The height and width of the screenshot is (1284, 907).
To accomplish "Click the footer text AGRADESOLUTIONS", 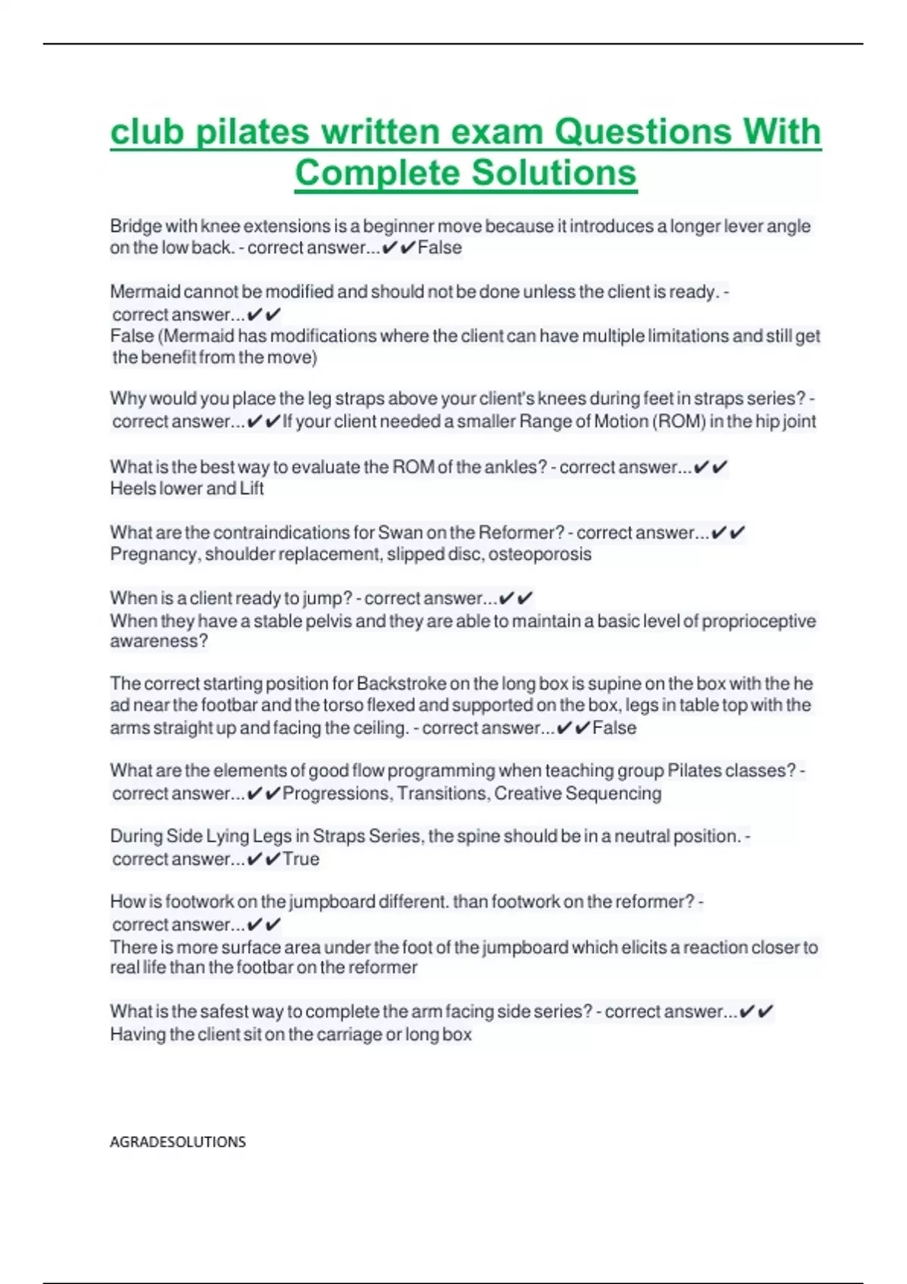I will click(178, 1142).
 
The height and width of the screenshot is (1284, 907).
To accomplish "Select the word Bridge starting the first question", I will click(136, 226).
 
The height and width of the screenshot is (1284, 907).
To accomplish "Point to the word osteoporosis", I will click(540, 554).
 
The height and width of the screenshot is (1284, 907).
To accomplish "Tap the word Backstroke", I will click(401, 684).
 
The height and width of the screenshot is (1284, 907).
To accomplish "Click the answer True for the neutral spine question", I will click(301, 859).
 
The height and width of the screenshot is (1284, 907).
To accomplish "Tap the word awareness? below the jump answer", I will click(159, 641).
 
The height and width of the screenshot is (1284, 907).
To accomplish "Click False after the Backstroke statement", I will click(614, 728).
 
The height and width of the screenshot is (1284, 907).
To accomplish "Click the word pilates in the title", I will click(252, 132).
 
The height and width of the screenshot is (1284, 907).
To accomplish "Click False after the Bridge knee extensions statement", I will click(440, 248).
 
